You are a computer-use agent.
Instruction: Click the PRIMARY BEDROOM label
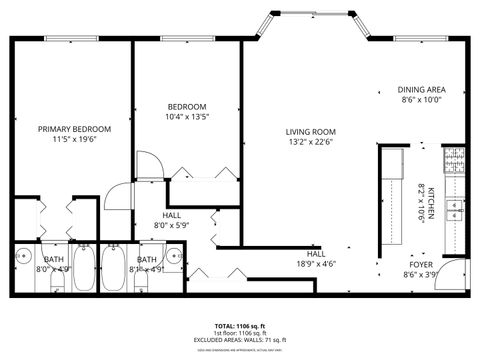[74, 129]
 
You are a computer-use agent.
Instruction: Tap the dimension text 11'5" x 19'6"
[74, 141]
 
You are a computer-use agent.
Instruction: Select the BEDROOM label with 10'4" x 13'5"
[187, 107]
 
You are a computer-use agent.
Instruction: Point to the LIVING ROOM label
[310, 132]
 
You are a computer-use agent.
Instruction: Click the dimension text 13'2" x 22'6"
[310, 142]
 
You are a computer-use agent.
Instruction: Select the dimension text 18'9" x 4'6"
[316, 264]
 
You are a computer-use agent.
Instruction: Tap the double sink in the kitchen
[455, 210]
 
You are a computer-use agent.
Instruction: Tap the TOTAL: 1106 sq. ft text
[240, 327]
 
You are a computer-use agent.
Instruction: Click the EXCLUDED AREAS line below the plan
[240, 340]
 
